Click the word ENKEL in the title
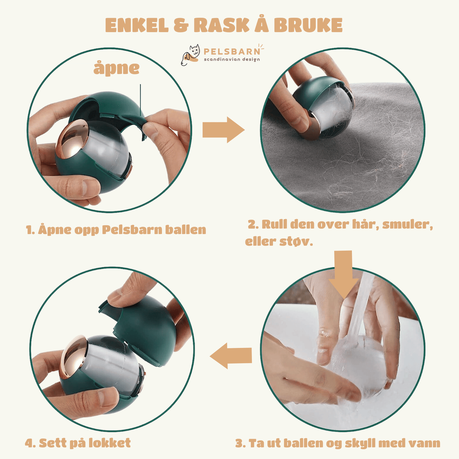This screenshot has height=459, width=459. click(x=137, y=25)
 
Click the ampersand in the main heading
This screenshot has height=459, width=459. click(x=181, y=25)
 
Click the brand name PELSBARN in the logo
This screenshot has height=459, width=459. click(x=232, y=51)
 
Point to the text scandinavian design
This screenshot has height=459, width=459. click(x=232, y=59)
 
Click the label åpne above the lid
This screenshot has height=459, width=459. click(x=116, y=69)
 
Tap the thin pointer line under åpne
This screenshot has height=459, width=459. click(x=140, y=100)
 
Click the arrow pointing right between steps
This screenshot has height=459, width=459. click(x=223, y=130)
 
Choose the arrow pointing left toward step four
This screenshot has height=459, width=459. click(x=231, y=356)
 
